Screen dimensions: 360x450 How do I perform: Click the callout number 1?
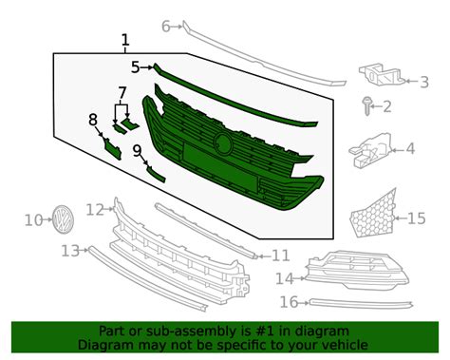(x=124, y=40)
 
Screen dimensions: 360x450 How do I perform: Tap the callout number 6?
(x=165, y=26)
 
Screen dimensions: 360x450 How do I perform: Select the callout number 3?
(x=424, y=82)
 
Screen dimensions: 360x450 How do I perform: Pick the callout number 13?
(x=69, y=251)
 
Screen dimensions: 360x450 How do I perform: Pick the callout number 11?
(x=280, y=255)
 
